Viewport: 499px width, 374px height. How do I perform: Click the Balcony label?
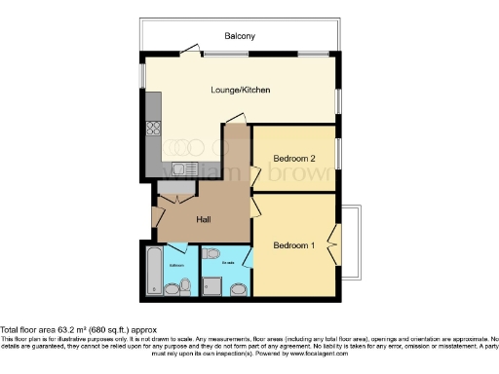pyautogui.click(x=240, y=36)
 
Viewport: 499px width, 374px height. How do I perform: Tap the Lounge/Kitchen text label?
pyautogui.click(x=240, y=91)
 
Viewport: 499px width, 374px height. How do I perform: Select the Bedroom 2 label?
pyautogui.click(x=293, y=158)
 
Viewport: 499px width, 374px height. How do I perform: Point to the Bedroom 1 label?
pyautogui.click(x=293, y=244)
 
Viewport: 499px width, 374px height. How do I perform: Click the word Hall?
pyautogui.click(x=205, y=220)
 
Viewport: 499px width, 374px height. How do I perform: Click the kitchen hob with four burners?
pyautogui.click(x=153, y=127)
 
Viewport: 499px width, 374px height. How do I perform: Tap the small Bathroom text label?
pyautogui.click(x=177, y=264)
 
